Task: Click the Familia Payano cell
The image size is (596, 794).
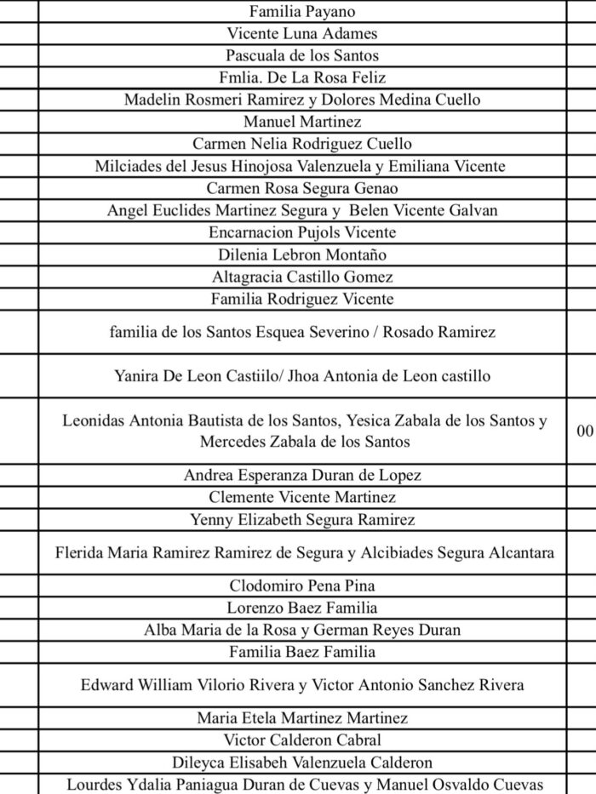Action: tap(302, 12)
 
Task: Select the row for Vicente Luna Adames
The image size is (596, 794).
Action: tap(302, 34)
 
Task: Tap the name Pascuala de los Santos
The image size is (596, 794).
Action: tap(302, 55)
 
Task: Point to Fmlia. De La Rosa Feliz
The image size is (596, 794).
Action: tap(302, 77)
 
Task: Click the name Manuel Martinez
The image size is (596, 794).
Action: tap(302, 122)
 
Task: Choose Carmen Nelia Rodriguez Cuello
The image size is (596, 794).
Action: tap(302, 144)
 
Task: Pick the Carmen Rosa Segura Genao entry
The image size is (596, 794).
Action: tap(302, 188)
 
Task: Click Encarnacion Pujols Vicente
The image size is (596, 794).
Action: tap(302, 232)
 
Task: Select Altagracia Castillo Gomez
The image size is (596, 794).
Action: tap(302, 277)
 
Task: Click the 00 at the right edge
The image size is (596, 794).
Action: tap(585, 431)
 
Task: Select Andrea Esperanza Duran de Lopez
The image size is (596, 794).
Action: tap(302, 475)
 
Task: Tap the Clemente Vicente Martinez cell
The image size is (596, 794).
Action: tap(302, 497)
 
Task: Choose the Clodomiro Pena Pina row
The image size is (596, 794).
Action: tap(302, 586)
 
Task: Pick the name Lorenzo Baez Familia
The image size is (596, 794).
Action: tap(302, 608)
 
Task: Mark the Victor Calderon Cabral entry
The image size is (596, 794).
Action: tap(302, 740)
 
